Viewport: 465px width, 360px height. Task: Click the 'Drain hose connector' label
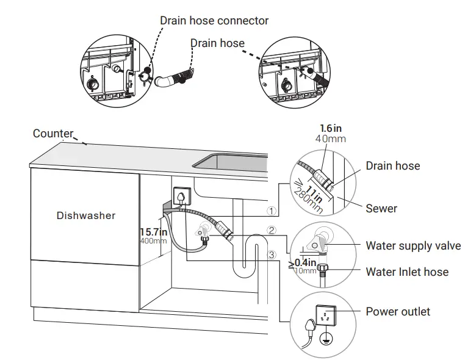(x=214, y=20)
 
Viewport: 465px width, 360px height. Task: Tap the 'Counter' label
(x=53, y=134)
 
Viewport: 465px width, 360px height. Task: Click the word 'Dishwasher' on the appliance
(x=86, y=215)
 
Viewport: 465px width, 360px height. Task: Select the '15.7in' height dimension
(x=154, y=232)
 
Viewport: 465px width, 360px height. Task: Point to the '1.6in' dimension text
(x=331, y=129)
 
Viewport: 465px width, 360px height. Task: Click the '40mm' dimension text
(x=331, y=139)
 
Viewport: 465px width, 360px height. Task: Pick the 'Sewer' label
(x=381, y=209)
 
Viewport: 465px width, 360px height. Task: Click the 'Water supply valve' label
(x=413, y=247)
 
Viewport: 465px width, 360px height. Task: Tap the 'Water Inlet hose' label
(x=407, y=272)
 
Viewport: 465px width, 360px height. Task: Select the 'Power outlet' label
(x=398, y=312)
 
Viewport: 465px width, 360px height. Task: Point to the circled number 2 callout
(x=272, y=231)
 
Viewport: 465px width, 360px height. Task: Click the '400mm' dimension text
(x=153, y=241)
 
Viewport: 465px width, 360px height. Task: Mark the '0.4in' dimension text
(x=305, y=262)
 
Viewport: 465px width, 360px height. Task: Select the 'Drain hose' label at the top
(x=217, y=43)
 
